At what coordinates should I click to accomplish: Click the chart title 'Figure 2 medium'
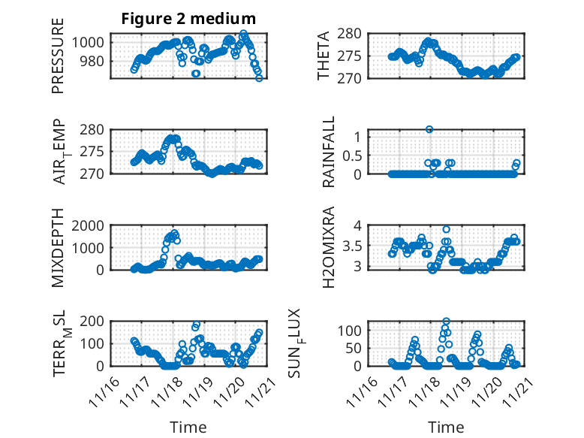click(x=188, y=19)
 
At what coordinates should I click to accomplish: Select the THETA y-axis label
click(x=324, y=56)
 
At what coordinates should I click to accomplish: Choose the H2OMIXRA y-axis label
click(x=328, y=247)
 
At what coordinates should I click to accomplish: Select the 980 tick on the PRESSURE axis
click(x=95, y=61)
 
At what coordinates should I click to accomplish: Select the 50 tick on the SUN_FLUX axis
click(x=356, y=348)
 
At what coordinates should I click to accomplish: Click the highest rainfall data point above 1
click(x=429, y=129)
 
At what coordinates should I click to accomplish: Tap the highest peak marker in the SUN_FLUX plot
click(x=446, y=322)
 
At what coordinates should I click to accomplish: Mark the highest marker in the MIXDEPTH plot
click(x=174, y=233)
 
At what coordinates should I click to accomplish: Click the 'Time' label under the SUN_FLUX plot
click(x=446, y=427)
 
